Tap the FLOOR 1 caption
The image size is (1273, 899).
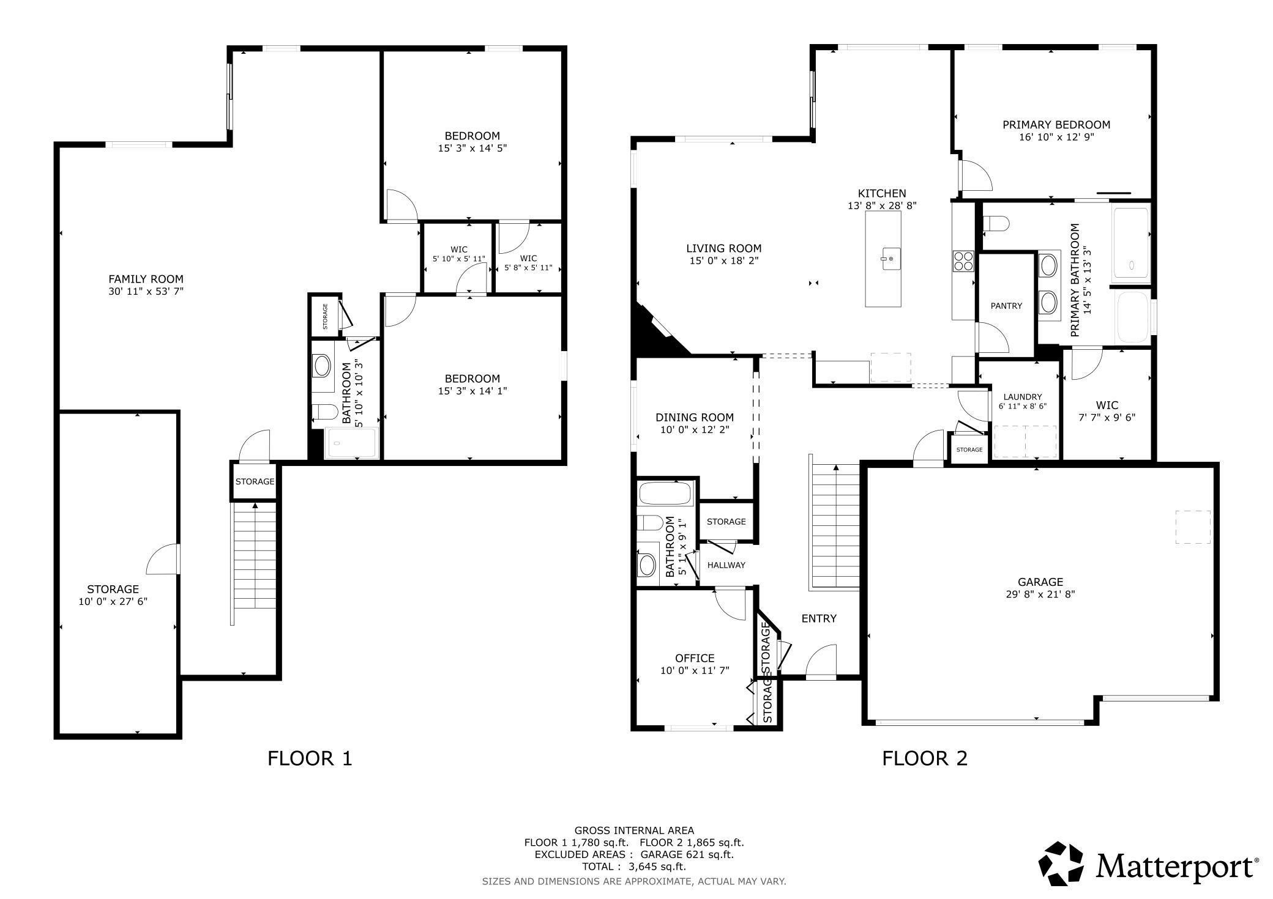(310, 758)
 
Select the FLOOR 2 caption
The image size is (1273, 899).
(924, 758)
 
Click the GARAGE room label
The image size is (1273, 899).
(1040, 582)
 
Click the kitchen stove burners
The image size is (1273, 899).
(963, 261)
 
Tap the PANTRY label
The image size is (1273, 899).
(1006, 306)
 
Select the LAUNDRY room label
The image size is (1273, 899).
(1023, 397)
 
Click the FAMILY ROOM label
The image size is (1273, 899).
(146, 279)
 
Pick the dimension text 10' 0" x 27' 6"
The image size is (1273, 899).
(113, 601)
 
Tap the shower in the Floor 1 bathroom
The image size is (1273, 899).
(351, 443)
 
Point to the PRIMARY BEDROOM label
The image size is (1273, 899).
(1056, 125)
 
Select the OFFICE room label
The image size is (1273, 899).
(695, 658)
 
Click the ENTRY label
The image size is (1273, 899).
(819, 618)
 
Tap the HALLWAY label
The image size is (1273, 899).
(726, 565)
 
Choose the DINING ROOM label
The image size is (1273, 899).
(695, 418)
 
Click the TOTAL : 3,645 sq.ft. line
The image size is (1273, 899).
(634, 867)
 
